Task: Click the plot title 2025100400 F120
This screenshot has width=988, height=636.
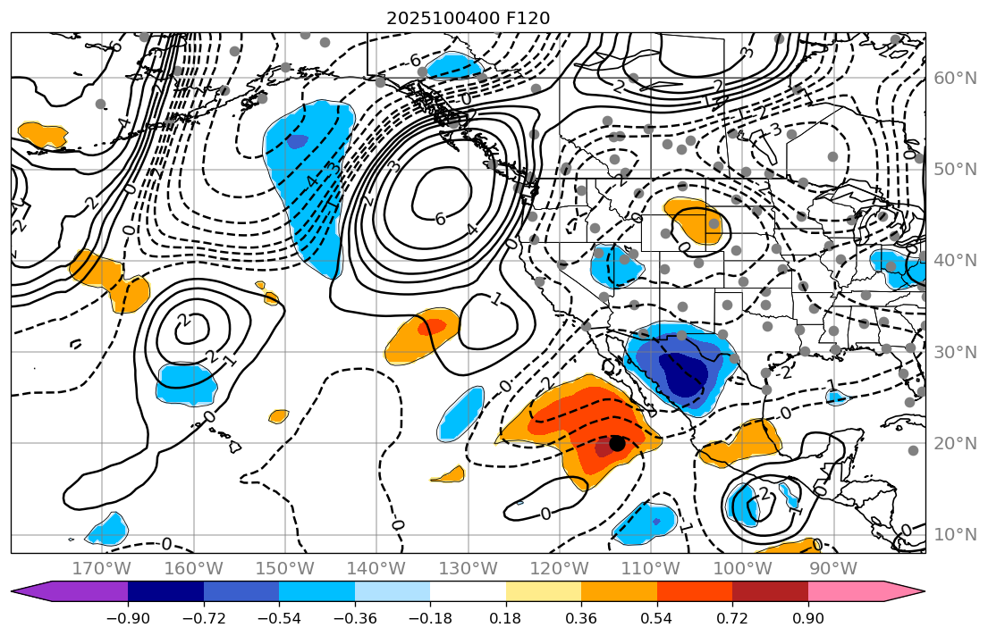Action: point(468,18)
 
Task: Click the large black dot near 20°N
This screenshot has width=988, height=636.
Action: point(617,443)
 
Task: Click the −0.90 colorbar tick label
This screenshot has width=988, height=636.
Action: point(128,619)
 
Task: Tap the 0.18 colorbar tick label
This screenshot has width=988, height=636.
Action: point(506,619)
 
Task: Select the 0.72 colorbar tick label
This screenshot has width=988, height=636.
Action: point(732,619)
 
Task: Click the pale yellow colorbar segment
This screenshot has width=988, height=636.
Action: point(544,590)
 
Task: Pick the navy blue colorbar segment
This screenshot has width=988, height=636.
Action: point(165,590)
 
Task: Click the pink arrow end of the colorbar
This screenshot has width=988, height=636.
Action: point(912,590)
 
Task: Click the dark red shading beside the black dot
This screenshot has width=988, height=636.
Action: point(604,449)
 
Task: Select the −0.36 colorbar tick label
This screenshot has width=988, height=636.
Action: point(355,619)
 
